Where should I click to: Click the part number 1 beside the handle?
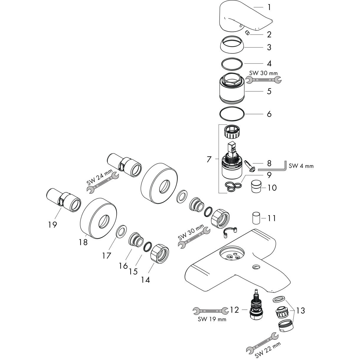click(269, 7)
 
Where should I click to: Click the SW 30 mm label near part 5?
click(264, 73)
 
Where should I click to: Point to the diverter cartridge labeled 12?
click(256, 305)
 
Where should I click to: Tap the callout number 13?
click(300, 311)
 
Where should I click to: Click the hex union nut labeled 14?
click(160, 253)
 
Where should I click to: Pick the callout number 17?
click(107, 255)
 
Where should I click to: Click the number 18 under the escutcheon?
click(83, 242)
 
